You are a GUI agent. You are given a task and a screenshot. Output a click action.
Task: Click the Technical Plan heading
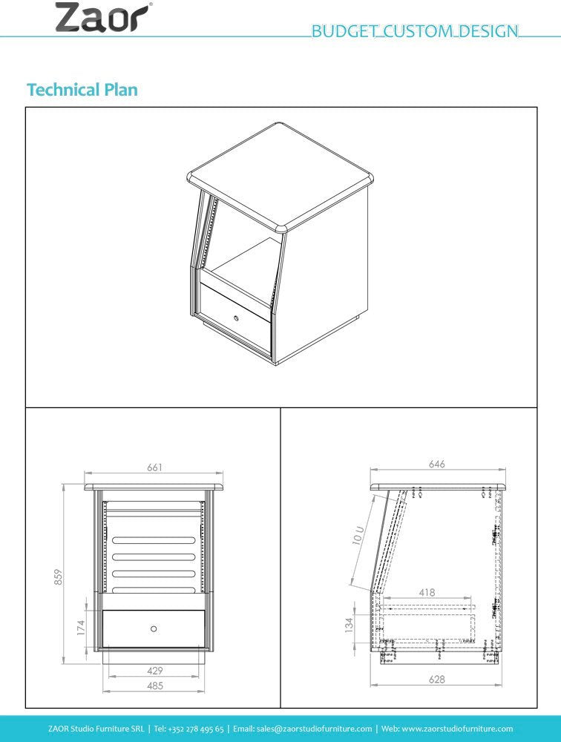pos(82,90)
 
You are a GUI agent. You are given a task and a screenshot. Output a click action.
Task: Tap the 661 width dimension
pos(155,467)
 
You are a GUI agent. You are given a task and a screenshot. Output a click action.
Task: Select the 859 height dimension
pos(58,577)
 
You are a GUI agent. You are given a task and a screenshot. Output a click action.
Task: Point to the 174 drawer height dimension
pos(81,628)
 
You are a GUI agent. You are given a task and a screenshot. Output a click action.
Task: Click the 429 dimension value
pos(155,671)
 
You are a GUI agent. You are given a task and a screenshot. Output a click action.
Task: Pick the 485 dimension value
pos(155,685)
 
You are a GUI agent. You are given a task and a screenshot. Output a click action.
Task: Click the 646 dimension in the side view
pos(436,464)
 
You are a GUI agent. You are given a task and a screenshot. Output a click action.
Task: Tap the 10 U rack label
pos(358,535)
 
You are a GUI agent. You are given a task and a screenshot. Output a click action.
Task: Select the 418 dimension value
pos(427,592)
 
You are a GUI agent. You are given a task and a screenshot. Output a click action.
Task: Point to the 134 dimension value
pos(349,625)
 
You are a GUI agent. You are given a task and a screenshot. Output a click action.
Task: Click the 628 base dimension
pos(436,679)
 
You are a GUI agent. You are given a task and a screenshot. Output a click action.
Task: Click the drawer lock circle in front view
pos(154,629)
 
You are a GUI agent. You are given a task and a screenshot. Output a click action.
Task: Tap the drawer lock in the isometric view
pos(236,317)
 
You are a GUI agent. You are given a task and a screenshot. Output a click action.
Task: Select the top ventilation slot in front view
pos(154,541)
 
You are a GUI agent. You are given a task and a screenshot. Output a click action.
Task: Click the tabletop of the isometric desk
pos(280,177)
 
